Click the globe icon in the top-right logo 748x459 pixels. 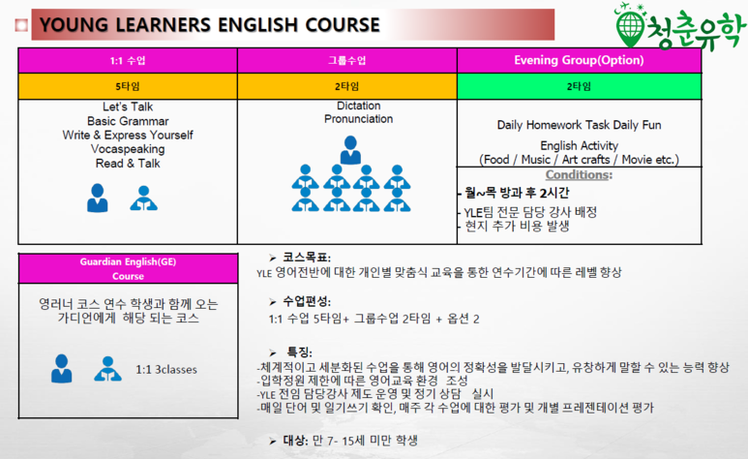[630, 28]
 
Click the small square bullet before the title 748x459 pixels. [21, 25]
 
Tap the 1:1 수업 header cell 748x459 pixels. [128, 61]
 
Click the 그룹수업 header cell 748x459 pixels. [346, 61]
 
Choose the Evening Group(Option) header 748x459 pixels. [579, 61]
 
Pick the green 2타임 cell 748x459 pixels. [579, 86]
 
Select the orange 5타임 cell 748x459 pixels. [128, 86]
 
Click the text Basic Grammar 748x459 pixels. [128, 121]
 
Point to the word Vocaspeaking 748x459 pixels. [128, 149]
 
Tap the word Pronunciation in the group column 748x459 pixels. [359, 119]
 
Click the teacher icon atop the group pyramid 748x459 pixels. [350, 150]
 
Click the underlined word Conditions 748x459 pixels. [577, 175]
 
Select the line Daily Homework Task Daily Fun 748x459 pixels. [579, 125]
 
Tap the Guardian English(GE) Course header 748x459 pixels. [128, 269]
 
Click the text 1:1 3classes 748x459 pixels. [166, 370]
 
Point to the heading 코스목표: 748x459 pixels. [307, 258]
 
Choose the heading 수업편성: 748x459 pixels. [307, 301]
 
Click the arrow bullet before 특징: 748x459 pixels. [272, 353]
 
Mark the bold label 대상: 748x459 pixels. [296, 441]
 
